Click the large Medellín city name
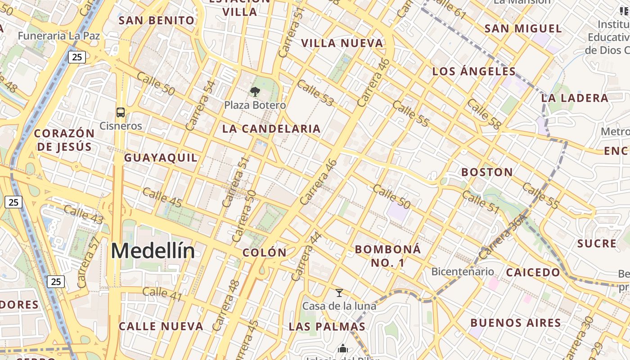(153, 251)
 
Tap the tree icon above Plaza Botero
(255, 92)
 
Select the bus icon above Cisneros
(121, 112)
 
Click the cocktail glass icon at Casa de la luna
(339, 293)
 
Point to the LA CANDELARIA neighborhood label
(271, 129)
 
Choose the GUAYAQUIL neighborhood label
(161, 157)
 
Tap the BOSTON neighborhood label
(487, 172)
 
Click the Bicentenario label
(463, 271)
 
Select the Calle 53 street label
(315, 93)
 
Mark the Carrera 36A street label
(503, 237)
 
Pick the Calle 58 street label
(484, 114)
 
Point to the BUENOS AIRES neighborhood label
(516, 323)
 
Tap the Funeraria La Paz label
(59, 35)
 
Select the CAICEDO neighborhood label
(533, 272)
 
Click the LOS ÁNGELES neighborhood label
(474, 71)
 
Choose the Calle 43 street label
(84, 214)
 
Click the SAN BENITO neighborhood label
(157, 20)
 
